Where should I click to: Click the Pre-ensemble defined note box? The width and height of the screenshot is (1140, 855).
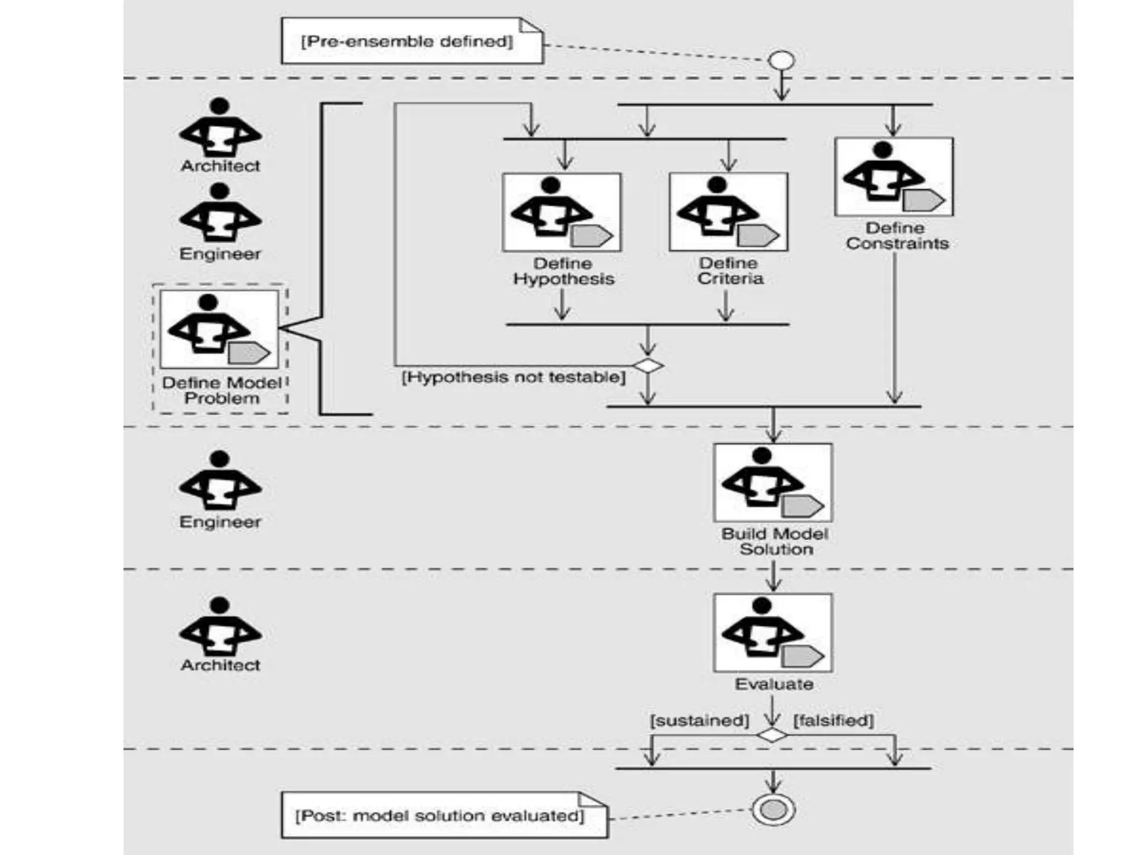click(x=411, y=42)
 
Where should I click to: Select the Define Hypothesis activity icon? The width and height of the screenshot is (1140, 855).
click(x=562, y=212)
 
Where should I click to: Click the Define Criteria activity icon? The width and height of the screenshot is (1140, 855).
click(x=728, y=212)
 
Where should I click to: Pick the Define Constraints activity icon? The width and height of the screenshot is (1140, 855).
click(x=893, y=176)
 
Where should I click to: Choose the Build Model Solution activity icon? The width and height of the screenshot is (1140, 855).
click(x=773, y=483)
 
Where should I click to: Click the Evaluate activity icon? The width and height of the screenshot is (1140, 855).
click(x=773, y=633)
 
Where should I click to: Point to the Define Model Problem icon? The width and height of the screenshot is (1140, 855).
click(x=219, y=329)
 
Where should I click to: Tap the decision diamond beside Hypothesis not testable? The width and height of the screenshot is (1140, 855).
click(x=648, y=366)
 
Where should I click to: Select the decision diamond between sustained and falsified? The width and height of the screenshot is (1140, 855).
click(x=772, y=735)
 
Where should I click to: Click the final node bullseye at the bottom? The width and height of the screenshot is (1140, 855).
click(x=773, y=809)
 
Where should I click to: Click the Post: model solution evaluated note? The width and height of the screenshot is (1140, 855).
click(x=444, y=815)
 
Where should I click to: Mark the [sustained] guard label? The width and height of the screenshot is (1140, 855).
click(x=699, y=720)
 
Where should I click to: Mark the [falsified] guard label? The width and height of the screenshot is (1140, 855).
click(x=833, y=720)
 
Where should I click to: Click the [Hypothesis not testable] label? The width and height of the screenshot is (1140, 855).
click(x=513, y=377)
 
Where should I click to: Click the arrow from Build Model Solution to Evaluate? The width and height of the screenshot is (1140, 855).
click(x=773, y=575)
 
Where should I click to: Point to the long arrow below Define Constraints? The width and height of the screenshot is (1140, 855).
click(x=895, y=328)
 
